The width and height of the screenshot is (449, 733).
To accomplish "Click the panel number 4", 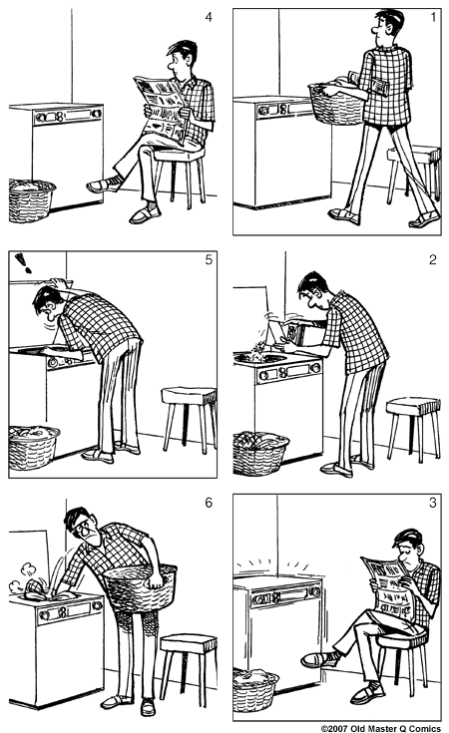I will coord(207,17).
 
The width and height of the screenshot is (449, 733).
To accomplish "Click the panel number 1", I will coord(431,17).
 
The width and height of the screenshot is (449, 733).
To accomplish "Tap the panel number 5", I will coord(207,260).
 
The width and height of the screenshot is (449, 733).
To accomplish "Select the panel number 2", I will coord(431,260).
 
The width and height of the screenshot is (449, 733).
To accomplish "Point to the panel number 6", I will coord(207,504).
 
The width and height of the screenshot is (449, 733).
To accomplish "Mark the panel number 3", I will coord(431,504).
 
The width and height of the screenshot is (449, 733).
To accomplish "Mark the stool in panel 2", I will coord(412,423).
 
